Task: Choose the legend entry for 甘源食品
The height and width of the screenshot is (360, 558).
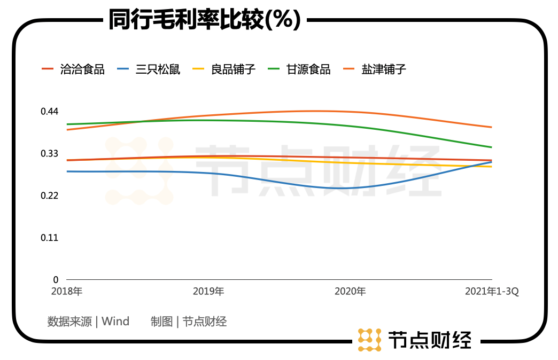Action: click(308, 69)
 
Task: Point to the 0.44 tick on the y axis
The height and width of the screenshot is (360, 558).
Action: click(50, 112)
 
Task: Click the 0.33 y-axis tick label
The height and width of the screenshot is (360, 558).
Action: click(50, 154)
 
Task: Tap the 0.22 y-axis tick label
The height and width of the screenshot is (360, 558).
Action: click(50, 195)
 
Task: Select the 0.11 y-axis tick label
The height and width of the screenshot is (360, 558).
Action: click(50, 238)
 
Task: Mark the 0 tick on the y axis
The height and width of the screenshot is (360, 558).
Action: click(55, 279)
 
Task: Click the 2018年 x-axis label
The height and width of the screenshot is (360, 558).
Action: click(67, 292)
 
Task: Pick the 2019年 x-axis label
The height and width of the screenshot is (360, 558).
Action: click(208, 292)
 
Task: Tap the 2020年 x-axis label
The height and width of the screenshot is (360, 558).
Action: click(350, 292)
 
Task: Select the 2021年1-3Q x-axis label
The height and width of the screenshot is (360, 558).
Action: click(492, 292)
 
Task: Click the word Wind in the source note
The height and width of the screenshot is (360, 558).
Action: click(115, 322)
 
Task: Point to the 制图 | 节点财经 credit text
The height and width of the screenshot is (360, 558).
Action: click(189, 322)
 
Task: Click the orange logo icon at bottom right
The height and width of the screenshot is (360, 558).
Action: click(369, 340)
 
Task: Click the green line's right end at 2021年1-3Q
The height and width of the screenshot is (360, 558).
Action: click(491, 147)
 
